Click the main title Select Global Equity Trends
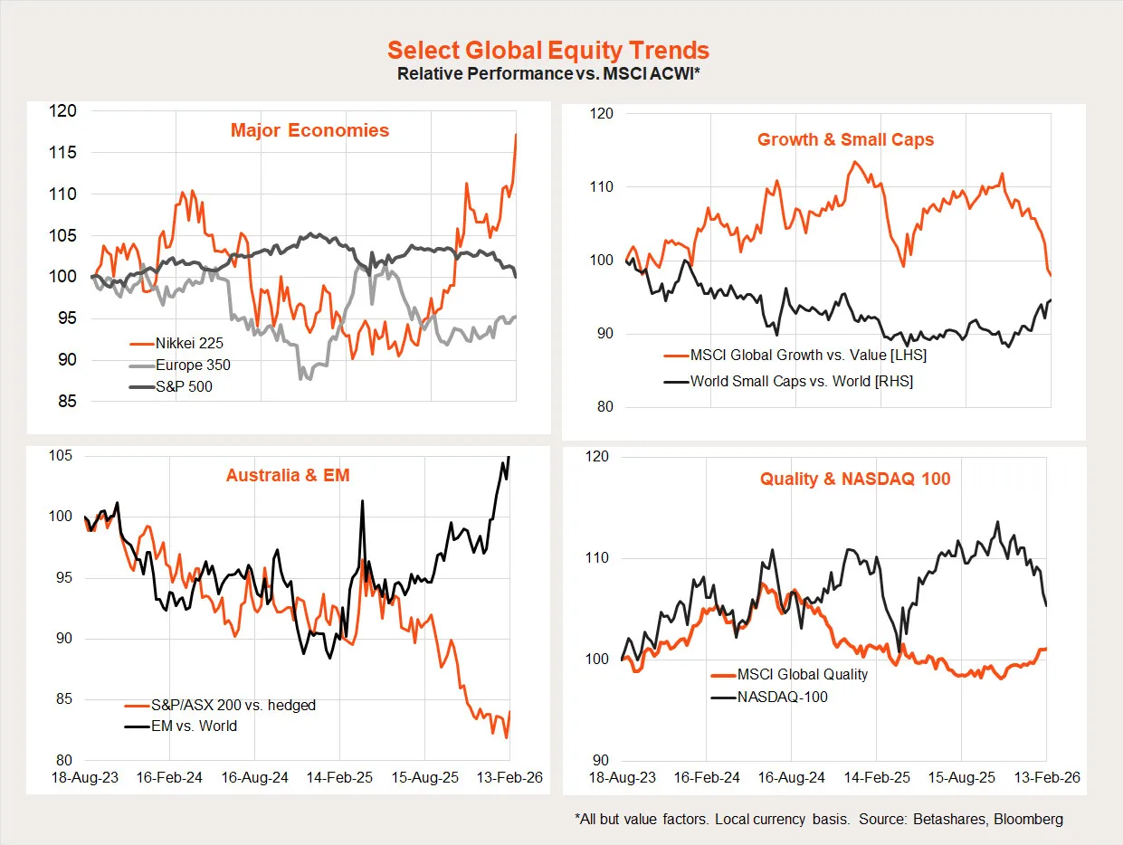[x=547, y=51]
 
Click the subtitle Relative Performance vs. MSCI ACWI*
[x=547, y=73]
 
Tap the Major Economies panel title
[x=309, y=130]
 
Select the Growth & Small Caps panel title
[x=845, y=139]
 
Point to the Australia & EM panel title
[x=288, y=475]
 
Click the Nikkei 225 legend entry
[x=189, y=344]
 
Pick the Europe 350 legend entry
[x=193, y=366]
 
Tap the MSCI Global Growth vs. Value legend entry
[x=808, y=356]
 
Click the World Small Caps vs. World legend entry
[x=801, y=381]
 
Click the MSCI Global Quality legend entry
[x=802, y=674]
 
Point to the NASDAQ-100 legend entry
[x=782, y=697]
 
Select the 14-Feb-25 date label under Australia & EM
[x=339, y=777]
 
